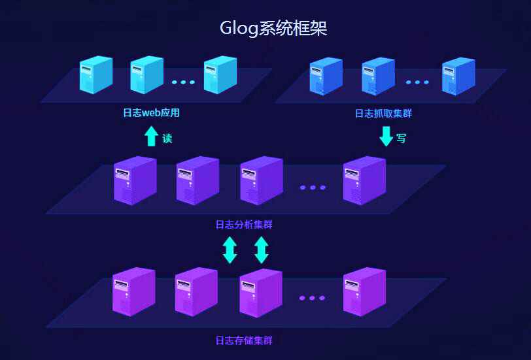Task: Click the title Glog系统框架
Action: coord(273,29)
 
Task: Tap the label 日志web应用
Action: coord(151,113)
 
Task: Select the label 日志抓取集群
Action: coord(383,114)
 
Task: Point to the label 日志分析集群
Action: coord(244,225)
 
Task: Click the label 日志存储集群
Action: coord(244,340)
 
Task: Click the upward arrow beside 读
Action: coord(151,136)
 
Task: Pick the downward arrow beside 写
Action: coord(386,136)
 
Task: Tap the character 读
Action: coord(167,139)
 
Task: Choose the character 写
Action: coord(401,139)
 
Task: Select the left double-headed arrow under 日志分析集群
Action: coord(230,250)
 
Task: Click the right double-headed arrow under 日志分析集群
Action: coord(261,250)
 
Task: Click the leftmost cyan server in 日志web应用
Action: coord(95,74)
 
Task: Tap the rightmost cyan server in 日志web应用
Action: coord(220,74)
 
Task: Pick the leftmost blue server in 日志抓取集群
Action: coord(325,76)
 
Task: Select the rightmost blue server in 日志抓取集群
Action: coord(458,76)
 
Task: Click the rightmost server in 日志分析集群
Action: coord(364,180)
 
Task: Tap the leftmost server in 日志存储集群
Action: coord(134,291)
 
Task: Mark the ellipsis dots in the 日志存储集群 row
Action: coord(312,298)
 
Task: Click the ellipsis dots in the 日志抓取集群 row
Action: coord(417,82)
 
